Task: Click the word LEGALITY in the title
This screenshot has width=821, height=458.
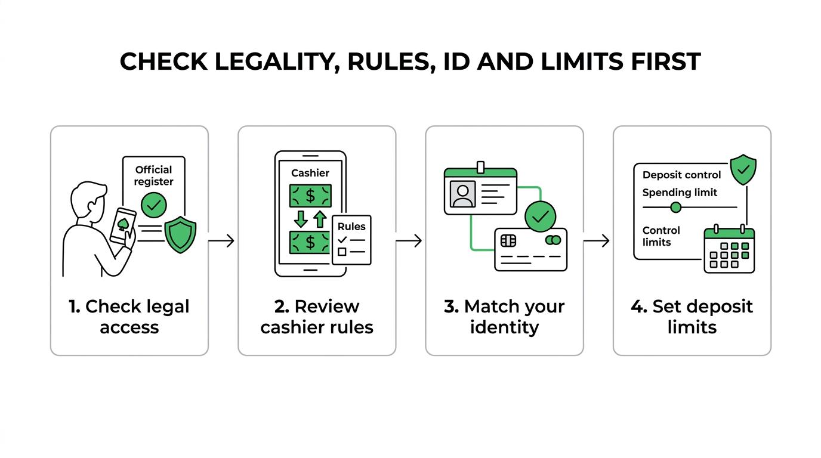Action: [277, 61]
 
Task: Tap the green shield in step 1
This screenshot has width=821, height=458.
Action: [180, 235]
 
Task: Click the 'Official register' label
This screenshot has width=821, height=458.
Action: [153, 175]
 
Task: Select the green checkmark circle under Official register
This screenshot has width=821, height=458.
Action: [154, 205]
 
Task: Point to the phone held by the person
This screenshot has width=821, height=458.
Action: [123, 226]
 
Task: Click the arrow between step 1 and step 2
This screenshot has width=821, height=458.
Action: [221, 241]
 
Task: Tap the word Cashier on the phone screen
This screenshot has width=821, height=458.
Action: [310, 173]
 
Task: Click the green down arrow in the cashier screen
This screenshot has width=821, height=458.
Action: [301, 219]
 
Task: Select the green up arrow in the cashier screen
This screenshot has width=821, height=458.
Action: [320, 219]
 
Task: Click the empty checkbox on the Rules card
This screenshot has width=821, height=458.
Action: [342, 252]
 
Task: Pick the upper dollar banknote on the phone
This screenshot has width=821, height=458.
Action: [310, 196]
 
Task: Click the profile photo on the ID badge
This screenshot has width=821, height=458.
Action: [463, 194]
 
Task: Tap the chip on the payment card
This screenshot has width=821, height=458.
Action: [508, 241]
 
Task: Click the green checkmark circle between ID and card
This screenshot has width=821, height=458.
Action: [540, 216]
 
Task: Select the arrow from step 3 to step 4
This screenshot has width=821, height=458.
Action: [596, 241]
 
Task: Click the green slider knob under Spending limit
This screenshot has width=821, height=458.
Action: [676, 208]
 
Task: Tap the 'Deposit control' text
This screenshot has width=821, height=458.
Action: [682, 175]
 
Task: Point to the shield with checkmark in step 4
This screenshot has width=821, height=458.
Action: [743, 169]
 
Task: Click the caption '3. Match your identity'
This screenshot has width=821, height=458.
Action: [504, 317]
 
